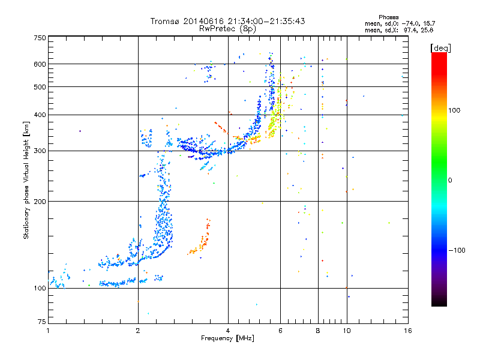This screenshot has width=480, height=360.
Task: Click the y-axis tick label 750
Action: [40, 38]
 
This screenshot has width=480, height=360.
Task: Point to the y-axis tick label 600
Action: [40, 64]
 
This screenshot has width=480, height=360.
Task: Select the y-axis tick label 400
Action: [40, 115]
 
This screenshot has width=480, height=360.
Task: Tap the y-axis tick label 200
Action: [40, 202]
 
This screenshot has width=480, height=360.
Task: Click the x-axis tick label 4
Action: [228, 331]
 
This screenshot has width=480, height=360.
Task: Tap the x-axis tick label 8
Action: [317, 331]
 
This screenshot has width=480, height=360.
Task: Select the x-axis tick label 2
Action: [138, 331]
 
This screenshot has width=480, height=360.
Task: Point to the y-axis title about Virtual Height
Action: [26, 180]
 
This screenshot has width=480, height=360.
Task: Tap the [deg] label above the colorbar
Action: [441, 47]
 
